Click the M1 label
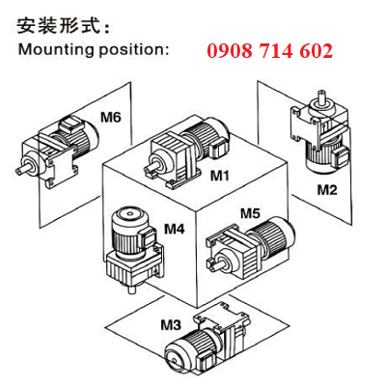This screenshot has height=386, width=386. click(x=220, y=176)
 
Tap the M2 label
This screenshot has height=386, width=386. click(x=327, y=190)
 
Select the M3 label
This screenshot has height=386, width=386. click(x=171, y=325)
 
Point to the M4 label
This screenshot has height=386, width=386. click(x=175, y=229)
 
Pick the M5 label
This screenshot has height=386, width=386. click(x=250, y=213)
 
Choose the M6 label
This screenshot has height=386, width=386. click(x=111, y=117)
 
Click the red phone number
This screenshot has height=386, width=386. click(x=269, y=51)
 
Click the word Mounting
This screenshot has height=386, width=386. click(x=57, y=50)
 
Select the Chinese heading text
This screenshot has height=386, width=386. click(x=64, y=26)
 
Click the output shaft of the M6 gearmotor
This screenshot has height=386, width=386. click(x=22, y=169)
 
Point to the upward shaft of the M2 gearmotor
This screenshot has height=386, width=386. click(x=320, y=96)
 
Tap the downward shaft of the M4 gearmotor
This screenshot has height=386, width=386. click(x=131, y=289)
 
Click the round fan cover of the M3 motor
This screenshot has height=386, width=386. click(x=176, y=358)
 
